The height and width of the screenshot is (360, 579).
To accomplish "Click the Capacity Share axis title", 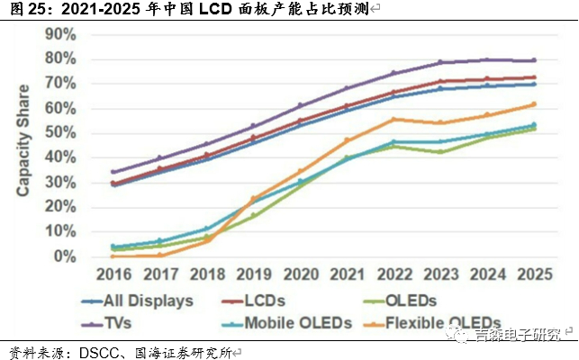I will pos(24,139).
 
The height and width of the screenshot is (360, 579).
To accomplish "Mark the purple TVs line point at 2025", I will pos(535,60).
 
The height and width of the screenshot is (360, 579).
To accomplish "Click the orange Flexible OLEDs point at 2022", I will pos(394,119).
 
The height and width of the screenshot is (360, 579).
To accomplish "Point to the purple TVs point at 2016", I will pos(113,172).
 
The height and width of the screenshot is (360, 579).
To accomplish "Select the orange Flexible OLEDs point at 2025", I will pos(535,104).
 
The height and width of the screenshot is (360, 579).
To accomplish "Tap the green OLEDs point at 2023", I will pos(440,151).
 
